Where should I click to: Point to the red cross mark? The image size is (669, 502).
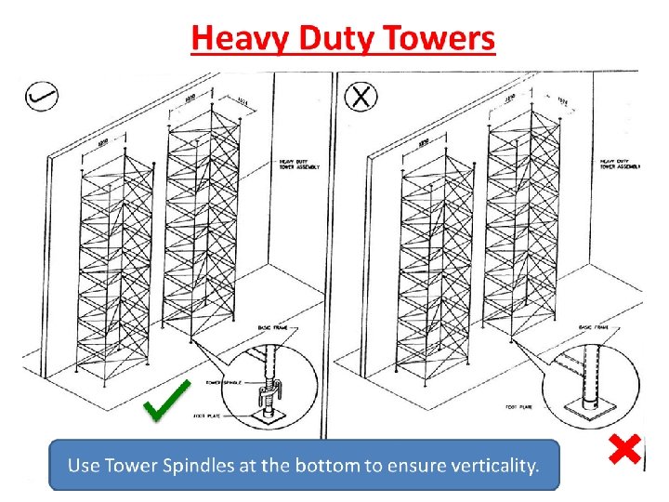(624, 451)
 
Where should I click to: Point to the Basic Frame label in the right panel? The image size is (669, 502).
(597, 328)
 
